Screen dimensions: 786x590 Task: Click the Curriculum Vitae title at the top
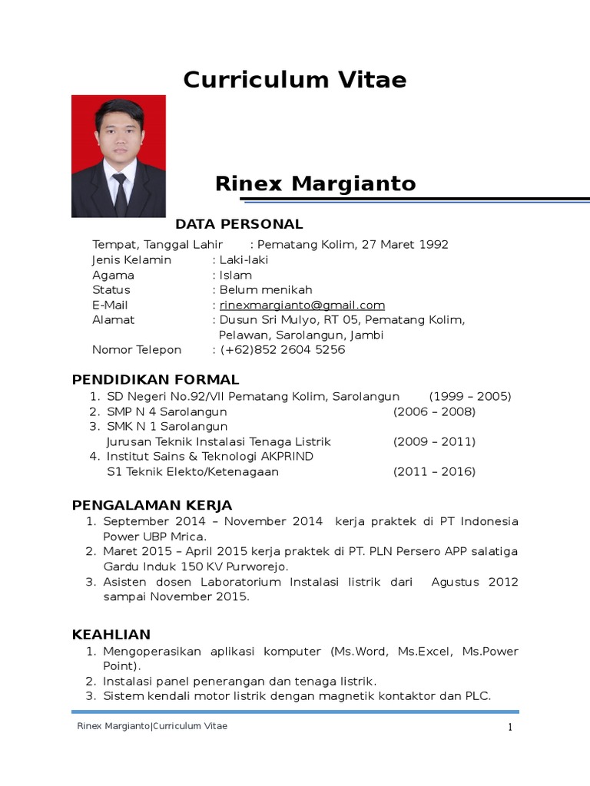(x=295, y=80)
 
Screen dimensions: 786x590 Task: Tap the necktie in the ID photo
(x=120, y=193)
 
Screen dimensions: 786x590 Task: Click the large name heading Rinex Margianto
(x=315, y=183)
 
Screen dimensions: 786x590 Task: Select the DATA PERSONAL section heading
(x=239, y=224)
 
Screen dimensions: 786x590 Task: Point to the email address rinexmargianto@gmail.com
(x=302, y=305)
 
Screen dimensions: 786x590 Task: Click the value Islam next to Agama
(x=235, y=275)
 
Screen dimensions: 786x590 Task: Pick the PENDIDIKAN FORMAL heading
(x=155, y=380)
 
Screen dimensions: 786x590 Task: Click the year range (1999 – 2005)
(x=469, y=397)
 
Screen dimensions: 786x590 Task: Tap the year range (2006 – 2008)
(x=434, y=412)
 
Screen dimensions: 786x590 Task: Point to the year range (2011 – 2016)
(x=434, y=472)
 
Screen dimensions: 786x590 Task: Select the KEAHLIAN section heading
(x=111, y=635)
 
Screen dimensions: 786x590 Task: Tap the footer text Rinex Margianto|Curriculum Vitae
(x=152, y=726)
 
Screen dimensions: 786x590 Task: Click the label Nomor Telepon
(x=137, y=350)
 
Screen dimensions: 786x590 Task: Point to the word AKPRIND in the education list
(x=286, y=457)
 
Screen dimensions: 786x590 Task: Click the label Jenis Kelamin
(x=131, y=260)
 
